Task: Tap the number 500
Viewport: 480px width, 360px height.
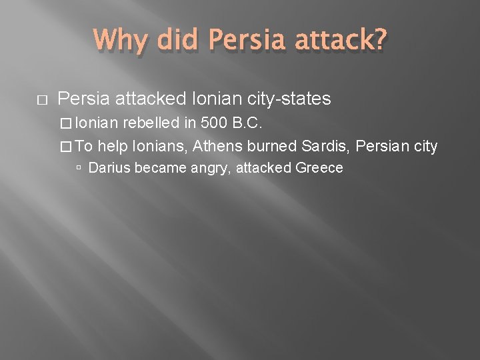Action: point(213,123)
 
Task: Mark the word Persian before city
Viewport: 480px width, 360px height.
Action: point(387,146)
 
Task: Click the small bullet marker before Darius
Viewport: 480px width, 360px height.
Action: point(79,169)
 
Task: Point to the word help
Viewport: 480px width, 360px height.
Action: point(115,146)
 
